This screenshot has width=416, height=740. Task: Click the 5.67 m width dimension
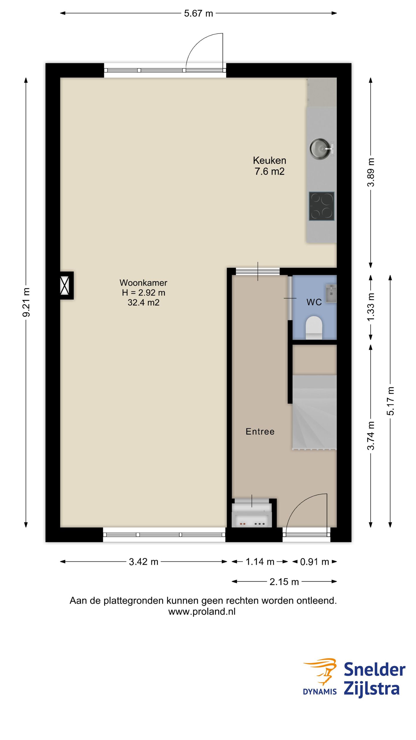click(198, 13)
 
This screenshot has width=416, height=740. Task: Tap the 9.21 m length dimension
click(26, 302)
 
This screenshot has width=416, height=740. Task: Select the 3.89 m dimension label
click(371, 172)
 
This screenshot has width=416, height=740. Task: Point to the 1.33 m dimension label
click(371, 307)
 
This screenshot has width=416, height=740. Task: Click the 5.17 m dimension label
click(390, 401)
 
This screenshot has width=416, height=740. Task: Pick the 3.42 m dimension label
click(144, 562)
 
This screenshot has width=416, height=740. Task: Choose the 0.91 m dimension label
click(315, 562)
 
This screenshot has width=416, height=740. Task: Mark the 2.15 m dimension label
click(284, 582)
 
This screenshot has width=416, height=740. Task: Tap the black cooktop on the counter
click(322, 206)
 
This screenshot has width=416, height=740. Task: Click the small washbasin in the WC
click(331, 293)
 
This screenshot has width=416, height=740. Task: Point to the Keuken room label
click(270, 166)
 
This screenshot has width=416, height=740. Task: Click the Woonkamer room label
click(144, 293)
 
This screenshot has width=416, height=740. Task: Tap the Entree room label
click(260, 431)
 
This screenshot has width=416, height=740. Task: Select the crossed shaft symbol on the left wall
click(65, 285)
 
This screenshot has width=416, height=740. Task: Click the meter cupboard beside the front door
click(252, 515)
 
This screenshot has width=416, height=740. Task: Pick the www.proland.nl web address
click(202, 611)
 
